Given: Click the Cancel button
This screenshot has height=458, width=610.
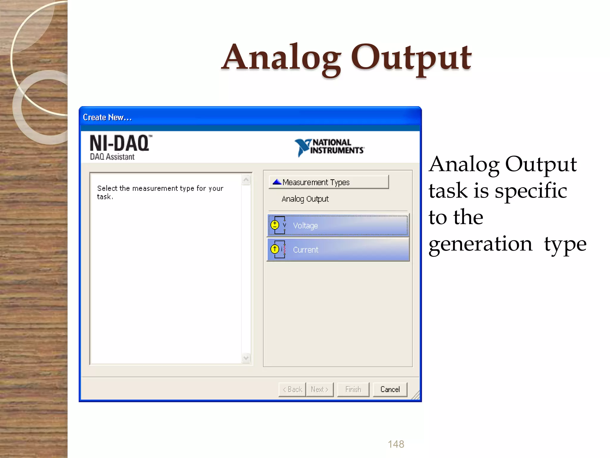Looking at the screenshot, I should pyautogui.click(x=390, y=389).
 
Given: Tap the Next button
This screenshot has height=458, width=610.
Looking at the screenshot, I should pyautogui.click(x=320, y=389).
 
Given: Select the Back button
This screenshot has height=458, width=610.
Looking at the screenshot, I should pyautogui.click(x=292, y=389).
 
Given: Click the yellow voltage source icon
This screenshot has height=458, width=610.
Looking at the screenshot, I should pyautogui.click(x=275, y=225).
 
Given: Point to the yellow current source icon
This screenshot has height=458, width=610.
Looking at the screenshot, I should pyautogui.click(x=275, y=249).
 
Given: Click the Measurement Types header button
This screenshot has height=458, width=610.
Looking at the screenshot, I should pyautogui.click(x=329, y=182).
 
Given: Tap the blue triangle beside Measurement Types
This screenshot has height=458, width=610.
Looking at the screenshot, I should pyautogui.click(x=277, y=182).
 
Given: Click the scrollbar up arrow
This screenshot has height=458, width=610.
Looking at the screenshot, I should pyautogui.click(x=246, y=180).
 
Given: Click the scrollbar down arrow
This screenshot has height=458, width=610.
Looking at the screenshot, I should pyautogui.click(x=246, y=358).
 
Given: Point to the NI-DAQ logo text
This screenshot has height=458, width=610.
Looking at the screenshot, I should pyautogui.click(x=120, y=143).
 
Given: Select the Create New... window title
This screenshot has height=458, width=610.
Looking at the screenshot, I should pyautogui.click(x=107, y=117).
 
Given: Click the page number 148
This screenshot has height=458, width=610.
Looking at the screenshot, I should pyautogui.click(x=396, y=444).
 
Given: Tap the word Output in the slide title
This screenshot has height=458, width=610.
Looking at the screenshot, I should pyautogui.click(x=411, y=58).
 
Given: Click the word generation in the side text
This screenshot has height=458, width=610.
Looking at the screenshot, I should pyautogui.click(x=480, y=244).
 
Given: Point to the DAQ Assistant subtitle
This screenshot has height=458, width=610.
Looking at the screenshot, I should pyautogui.click(x=112, y=157).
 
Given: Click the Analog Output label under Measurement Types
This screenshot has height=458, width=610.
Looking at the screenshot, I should pyautogui.click(x=305, y=199).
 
